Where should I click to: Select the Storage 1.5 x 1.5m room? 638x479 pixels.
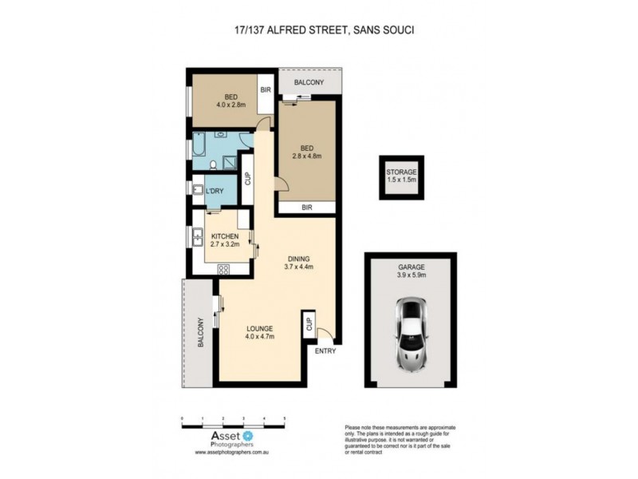coord(402,176)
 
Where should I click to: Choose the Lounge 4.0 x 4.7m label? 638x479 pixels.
coord(260,332)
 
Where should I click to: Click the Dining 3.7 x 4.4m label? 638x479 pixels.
coord(299,263)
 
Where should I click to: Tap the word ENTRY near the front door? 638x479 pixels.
coord(325,351)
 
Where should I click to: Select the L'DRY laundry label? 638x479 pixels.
coord(214,192)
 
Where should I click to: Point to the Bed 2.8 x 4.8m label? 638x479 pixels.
coord(308,152)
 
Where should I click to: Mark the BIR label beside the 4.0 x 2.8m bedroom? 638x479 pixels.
coord(266,90)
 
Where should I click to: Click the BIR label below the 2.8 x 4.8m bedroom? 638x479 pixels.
coord(306,208)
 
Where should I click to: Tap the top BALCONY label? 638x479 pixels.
coord(308,82)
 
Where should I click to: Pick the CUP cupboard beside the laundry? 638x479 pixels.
coord(247,180)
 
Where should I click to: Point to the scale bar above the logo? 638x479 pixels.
coord(234,422)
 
